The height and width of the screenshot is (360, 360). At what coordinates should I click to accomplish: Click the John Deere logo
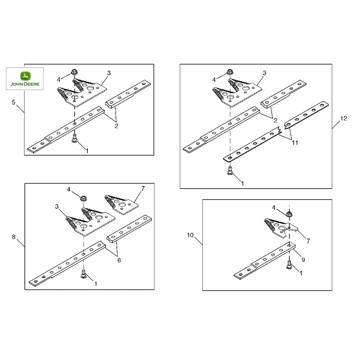[25, 79]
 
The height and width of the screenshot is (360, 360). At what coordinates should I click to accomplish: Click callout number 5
[14, 102]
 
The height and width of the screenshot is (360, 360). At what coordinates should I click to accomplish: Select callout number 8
[14, 237]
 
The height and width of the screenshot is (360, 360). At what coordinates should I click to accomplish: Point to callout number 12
[343, 118]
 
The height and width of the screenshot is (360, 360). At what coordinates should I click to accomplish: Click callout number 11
[295, 143]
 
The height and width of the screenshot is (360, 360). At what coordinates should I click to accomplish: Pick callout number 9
[303, 259]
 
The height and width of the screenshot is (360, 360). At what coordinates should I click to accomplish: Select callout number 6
[119, 260]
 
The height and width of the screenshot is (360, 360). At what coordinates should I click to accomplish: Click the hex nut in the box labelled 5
[74, 72]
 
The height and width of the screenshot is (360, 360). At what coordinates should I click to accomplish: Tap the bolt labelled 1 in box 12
[230, 170]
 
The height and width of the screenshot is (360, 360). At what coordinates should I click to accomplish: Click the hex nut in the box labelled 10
[289, 214]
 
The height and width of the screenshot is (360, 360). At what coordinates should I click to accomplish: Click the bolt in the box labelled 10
[289, 265]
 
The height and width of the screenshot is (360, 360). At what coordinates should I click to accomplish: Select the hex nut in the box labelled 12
[229, 72]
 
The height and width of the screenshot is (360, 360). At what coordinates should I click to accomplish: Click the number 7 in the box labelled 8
[143, 189]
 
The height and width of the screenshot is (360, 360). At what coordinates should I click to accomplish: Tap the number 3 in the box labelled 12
[264, 73]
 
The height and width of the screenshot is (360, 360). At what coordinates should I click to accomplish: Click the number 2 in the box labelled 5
[116, 126]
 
